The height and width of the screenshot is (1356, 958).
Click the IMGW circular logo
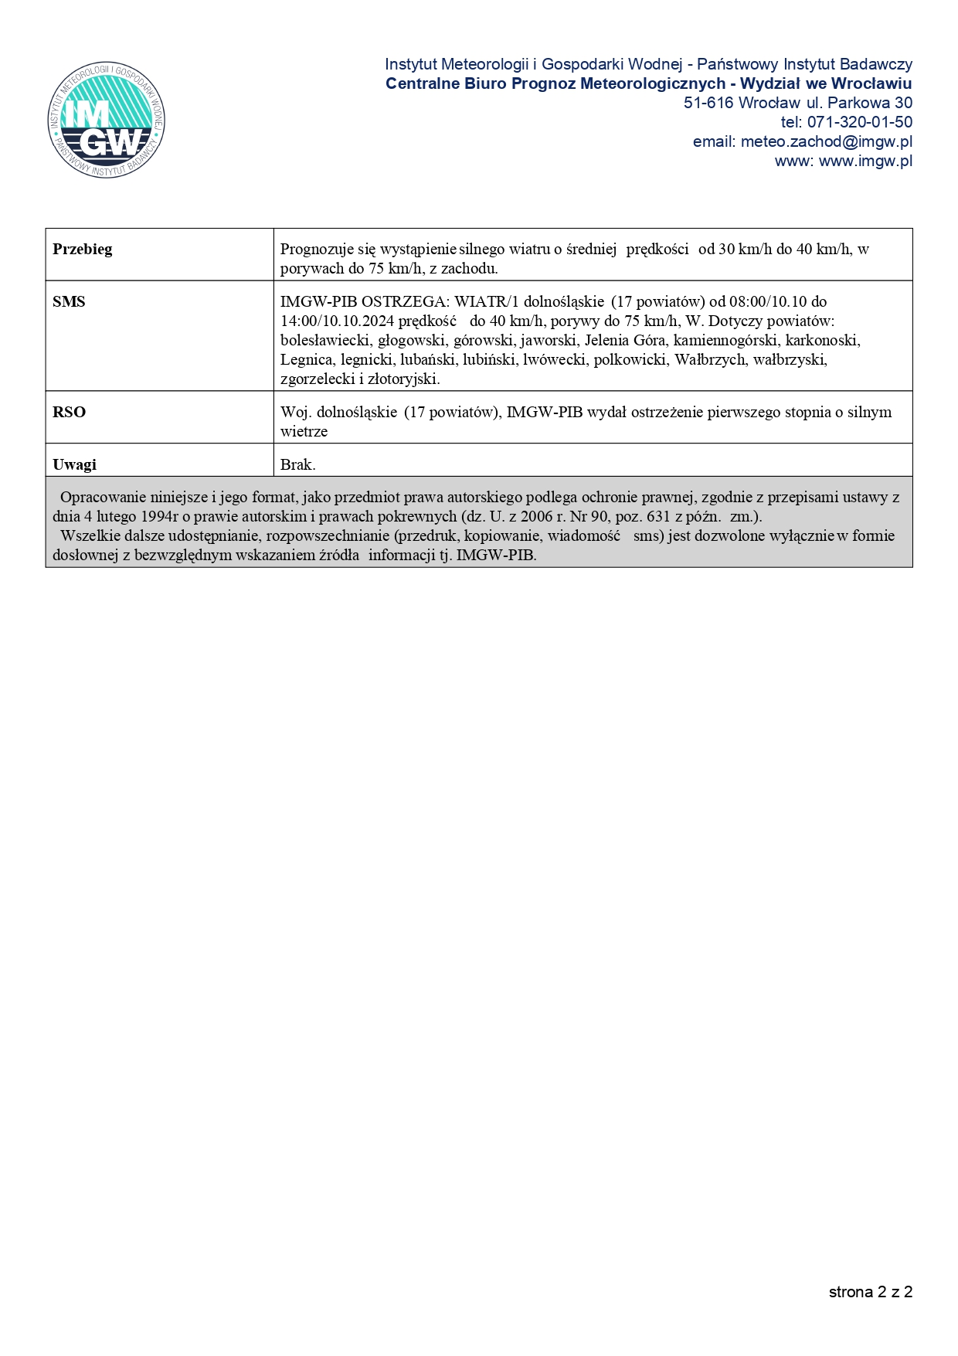106,120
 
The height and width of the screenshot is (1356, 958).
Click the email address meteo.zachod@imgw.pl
826,141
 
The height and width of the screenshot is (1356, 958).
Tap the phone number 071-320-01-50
859,122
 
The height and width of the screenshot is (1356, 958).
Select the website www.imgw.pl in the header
865,161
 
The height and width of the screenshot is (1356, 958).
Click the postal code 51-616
708,103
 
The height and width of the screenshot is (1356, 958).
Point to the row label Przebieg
83,249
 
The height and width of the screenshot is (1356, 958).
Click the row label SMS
69,301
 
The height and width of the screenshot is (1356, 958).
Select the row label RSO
69,412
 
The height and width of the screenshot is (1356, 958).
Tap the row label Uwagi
74,464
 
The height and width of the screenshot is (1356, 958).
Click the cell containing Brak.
298,464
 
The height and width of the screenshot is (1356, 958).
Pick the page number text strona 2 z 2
870,1292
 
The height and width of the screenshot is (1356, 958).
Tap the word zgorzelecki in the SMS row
316,379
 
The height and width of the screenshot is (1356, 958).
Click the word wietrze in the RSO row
304,431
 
